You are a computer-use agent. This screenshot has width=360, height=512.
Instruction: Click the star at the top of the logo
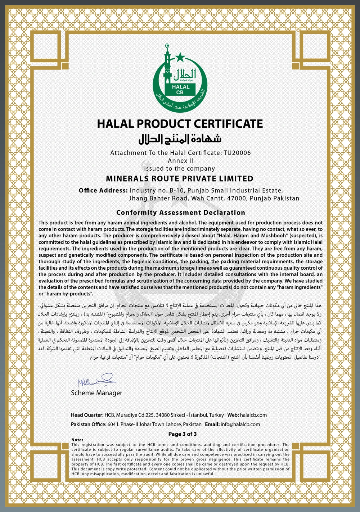(180, 57)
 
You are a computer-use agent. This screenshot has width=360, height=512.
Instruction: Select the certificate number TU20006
(237, 153)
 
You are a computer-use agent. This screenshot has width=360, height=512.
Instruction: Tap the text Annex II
(180, 161)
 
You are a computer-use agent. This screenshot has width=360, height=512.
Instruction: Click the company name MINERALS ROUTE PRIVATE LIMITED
(180, 179)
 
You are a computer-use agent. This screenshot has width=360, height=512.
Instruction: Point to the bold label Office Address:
(103, 190)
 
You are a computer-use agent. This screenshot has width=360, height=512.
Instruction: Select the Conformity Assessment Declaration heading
(180, 212)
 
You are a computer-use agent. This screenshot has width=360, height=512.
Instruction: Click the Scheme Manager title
(96, 393)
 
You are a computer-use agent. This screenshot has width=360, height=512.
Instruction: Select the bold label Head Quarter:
(87, 415)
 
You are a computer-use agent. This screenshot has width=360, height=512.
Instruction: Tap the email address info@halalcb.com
(240, 425)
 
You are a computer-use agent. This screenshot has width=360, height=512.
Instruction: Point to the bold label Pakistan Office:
(89, 425)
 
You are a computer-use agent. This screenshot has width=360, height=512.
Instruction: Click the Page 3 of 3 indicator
(183, 434)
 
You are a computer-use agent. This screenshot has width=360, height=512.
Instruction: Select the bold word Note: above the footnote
(77, 440)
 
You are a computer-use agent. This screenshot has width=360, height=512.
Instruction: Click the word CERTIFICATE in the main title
(228, 124)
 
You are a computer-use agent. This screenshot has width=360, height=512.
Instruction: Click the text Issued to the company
(179, 169)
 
